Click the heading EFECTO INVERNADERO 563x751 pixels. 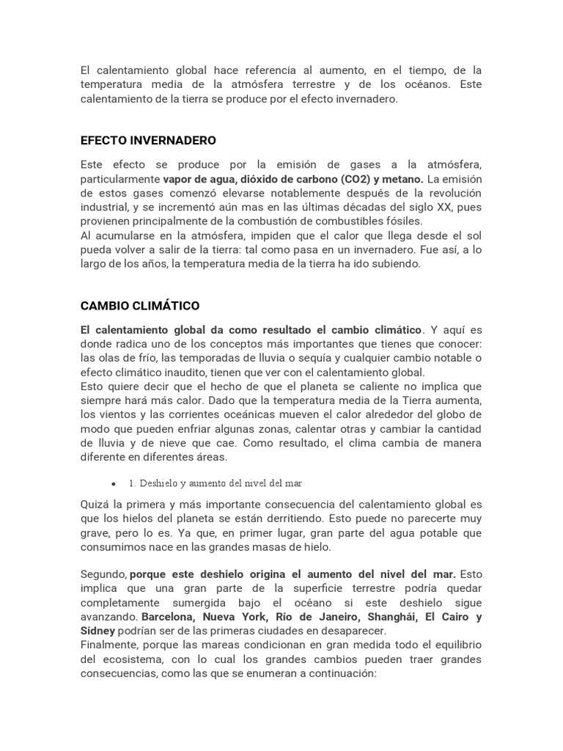click(x=148, y=140)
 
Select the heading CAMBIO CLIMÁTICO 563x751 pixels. click(x=139, y=305)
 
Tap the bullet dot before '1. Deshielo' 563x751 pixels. click(x=114, y=484)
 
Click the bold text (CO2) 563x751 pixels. click(x=356, y=179)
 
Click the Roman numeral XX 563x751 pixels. click(x=424, y=207)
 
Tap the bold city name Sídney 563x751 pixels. click(x=97, y=631)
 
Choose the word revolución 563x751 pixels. click(x=452, y=193)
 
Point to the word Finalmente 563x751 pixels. click(x=109, y=645)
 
